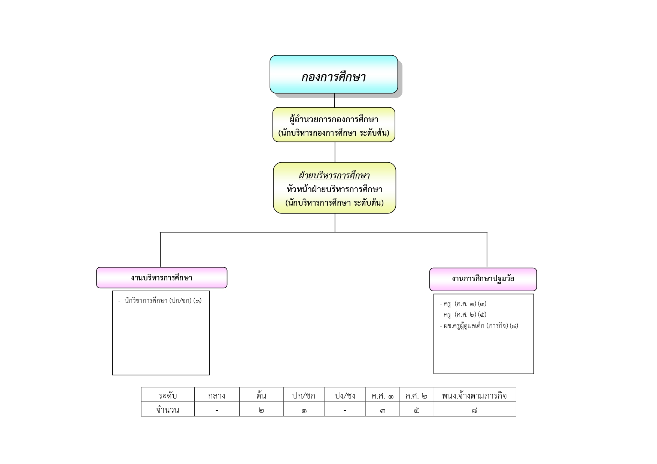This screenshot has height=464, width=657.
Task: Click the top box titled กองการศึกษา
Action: (x=334, y=74)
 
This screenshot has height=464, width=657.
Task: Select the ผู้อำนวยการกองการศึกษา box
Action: (x=334, y=125)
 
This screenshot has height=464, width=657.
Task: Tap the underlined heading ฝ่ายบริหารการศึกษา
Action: (x=334, y=175)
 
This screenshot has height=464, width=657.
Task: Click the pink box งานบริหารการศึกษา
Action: (x=162, y=277)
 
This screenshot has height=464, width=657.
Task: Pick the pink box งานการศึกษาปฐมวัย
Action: (x=483, y=279)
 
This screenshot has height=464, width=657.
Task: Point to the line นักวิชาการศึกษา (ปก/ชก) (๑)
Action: (x=160, y=300)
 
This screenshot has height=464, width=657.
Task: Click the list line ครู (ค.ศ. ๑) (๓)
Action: (x=463, y=304)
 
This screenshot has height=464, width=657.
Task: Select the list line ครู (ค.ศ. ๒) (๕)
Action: (x=463, y=314)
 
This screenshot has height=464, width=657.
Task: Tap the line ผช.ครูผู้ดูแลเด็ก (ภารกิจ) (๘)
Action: (x=479, y=326)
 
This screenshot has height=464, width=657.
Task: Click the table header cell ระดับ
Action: (x=167, y=395)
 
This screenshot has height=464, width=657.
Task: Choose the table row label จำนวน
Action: (x=167, y=409)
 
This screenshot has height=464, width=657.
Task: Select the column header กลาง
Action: (x=217, y=395)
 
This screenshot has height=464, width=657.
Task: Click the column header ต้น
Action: (x=261, y=395)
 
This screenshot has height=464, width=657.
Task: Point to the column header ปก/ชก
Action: (x=304, y=395)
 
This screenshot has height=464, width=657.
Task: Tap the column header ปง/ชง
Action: (x=345, y=395)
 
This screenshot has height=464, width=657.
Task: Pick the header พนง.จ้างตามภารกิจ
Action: (x=474, y=395)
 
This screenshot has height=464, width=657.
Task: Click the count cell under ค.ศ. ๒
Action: (x=416, y=409)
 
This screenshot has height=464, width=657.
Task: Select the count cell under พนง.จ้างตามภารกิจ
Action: (x=474, y=409)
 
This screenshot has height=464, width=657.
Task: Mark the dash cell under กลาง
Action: (x=217, y=409)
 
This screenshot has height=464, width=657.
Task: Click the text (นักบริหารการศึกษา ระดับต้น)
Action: (x=334, y=203)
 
